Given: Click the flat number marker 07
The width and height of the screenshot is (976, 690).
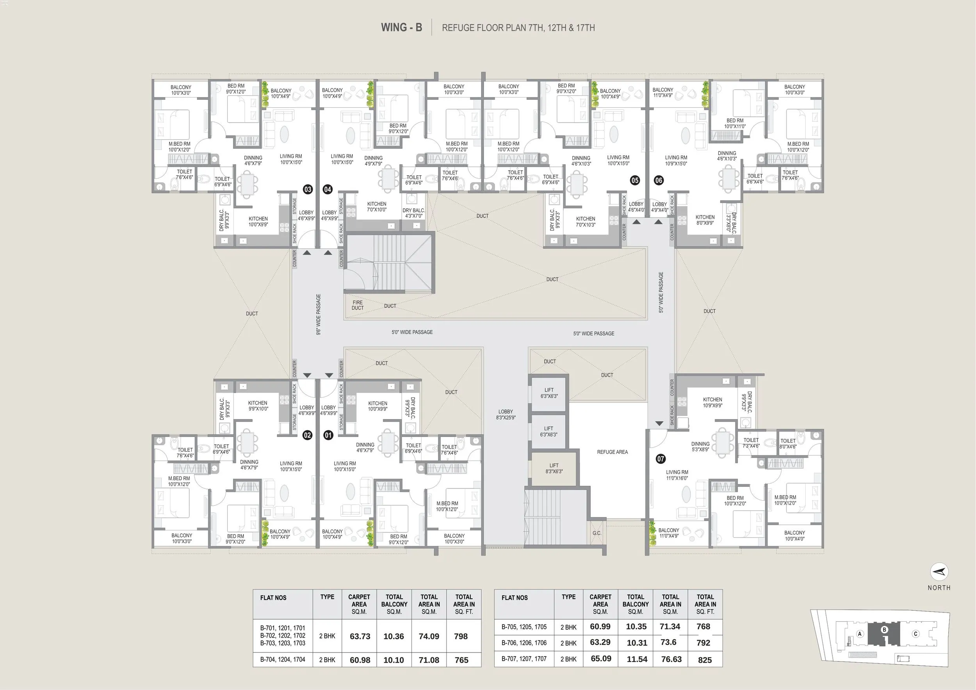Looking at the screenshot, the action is [x=660, y=459].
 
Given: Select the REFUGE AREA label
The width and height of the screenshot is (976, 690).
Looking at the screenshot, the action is [x=612, y=452].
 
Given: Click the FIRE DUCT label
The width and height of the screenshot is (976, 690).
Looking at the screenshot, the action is [x=358, y=305].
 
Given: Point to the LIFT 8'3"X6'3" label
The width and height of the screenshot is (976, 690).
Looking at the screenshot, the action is [x=554, y=468].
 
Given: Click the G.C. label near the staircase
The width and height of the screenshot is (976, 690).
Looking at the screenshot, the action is [x=597, y=533].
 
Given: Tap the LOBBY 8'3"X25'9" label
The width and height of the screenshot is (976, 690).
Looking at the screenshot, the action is [x=506, y=415].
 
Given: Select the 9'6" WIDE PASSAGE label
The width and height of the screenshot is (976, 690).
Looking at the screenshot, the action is [x=319, y=315].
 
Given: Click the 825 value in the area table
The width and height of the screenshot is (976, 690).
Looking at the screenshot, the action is [x=704, y=660].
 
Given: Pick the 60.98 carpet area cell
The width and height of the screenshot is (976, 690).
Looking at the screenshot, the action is [x=360, y=660].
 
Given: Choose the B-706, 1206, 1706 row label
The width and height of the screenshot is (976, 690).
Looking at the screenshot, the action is [x=524, y=643].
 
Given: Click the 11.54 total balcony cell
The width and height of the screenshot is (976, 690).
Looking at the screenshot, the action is [x=636, y=659].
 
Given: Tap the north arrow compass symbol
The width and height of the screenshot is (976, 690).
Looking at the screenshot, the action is [x=939, y=572].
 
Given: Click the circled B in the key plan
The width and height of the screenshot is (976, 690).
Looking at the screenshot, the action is [x=884, y=629].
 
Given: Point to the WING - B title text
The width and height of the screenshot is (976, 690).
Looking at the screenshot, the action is [x=401, y=27].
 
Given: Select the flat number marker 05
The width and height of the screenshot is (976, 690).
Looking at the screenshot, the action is [x=635, y=180].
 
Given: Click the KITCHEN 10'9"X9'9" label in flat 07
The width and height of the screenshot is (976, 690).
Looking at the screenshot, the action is [x=712, y=402].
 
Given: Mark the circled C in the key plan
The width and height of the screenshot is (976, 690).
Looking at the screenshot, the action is [x=915, y=634].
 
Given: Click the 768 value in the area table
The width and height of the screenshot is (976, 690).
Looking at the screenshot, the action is [x=703, y=626].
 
